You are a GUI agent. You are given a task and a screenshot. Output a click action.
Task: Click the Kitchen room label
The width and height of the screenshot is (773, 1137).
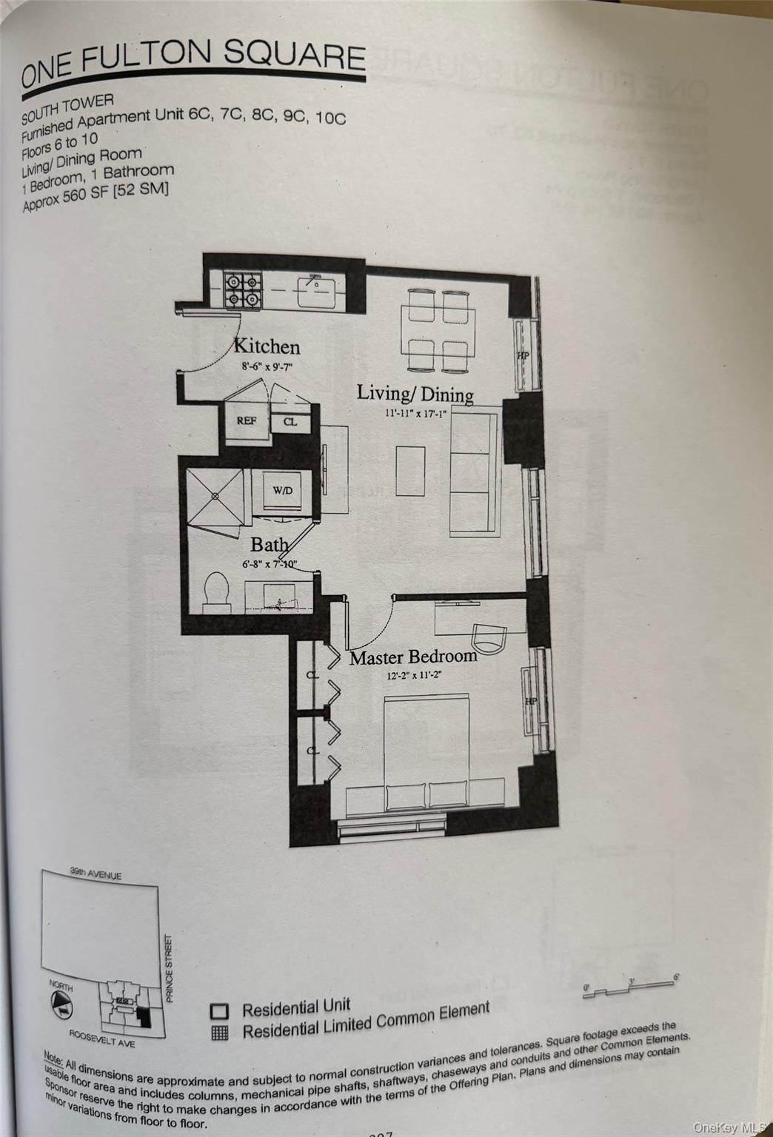coord(267,346)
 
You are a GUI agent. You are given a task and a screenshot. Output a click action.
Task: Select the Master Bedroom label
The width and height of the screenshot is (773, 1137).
coord(413,657)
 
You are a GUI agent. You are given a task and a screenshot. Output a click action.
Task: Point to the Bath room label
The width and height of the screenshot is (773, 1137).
coord(269,546)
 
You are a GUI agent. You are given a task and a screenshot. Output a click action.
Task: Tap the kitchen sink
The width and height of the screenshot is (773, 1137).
coord(315,291)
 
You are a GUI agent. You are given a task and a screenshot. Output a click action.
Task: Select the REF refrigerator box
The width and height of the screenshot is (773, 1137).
coord(246,421)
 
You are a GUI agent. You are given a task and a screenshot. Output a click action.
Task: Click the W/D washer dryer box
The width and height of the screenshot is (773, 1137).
coord(282,491)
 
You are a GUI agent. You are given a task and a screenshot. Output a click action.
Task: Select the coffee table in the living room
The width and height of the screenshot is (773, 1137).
coord(410,471)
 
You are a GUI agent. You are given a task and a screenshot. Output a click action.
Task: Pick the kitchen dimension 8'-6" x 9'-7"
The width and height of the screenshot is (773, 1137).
coord(267,366)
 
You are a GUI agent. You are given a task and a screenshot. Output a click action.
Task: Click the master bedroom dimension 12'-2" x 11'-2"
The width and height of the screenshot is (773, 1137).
coord(415,675)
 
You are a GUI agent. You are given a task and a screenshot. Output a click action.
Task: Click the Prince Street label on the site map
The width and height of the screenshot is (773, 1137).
coord(170,967)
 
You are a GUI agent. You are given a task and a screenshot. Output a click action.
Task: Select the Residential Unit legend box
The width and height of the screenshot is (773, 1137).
coord(219,1012)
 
